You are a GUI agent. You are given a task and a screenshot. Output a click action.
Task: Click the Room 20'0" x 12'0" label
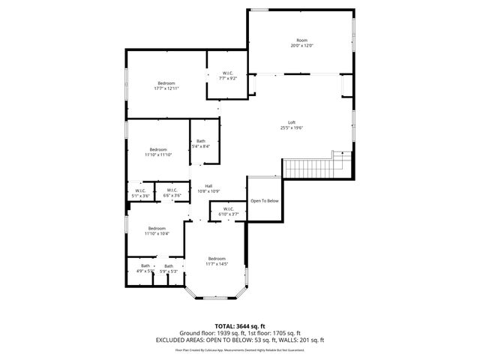click(x=301, y=43)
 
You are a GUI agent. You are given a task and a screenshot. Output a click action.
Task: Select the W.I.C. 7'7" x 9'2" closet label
click(x=228, y=75)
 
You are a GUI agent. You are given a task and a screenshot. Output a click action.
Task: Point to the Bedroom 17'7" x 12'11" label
click(x=166, y=85)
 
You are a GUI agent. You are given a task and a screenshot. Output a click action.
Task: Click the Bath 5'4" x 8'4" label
click(x=201, y=143)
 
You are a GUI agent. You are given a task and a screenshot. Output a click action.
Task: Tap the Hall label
click(x=208, y=188)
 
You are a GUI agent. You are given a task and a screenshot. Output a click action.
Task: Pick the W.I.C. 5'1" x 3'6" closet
click(x=139, y=193)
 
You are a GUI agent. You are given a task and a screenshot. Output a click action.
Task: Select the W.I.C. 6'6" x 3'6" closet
click(x=172, y=193)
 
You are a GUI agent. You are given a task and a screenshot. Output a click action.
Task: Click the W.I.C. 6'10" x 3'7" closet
click(x=227, y=211)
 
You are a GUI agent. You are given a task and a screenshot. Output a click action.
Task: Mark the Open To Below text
click(x=264, y=201)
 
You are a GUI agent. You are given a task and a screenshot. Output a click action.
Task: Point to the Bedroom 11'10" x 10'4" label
click(x=157, y=231)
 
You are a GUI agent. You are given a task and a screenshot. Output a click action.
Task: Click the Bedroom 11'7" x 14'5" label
click(x=217, y=261)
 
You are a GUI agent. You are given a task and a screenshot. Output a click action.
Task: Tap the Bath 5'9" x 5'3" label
click(x=169, y=268)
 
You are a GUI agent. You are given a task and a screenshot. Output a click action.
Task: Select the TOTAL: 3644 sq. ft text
click(x=239, y=326)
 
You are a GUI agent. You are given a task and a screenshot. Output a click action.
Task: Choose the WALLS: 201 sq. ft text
click(x=300, y=340)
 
